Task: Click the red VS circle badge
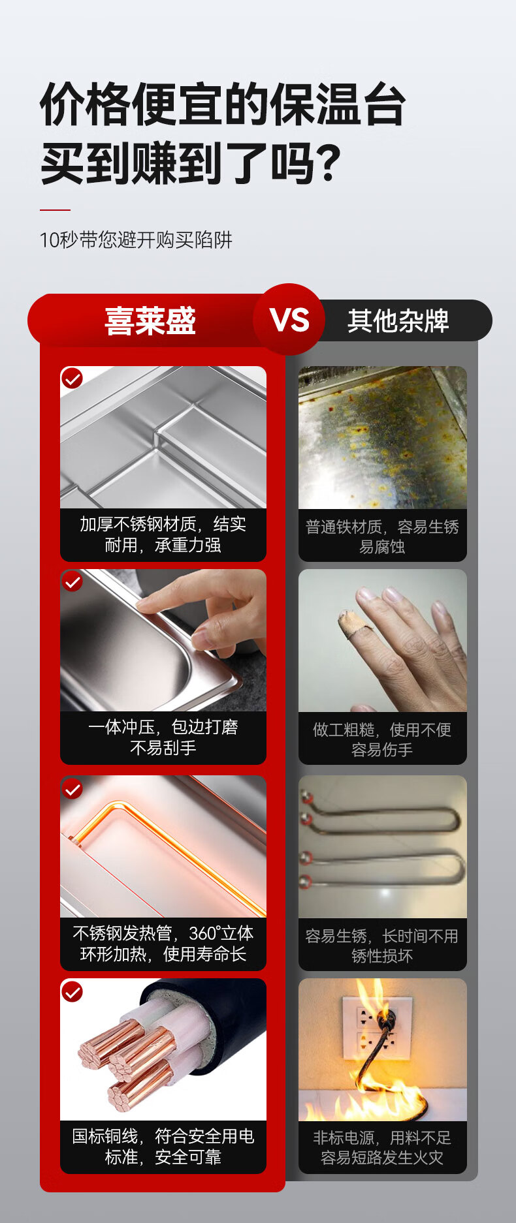click(x=289, y=319)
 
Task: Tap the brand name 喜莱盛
click(x=150, y=320)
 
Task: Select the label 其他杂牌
click(x=398, y=320)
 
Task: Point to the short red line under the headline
click(x=55, y=210)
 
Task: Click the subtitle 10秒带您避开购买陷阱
click(x=136, y=240)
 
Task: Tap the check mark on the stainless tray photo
click(x=72, y=378)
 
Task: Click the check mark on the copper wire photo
click(x=72, y=992)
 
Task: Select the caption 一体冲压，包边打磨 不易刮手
click(x=163, y=737)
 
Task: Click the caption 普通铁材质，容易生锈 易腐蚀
click(x=382, y=536)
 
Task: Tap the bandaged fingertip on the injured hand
click(x=351, y=626)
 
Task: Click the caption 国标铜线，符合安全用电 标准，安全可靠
click(x=163, y=1147)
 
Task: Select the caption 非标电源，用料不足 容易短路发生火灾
click(x=382, y=1148)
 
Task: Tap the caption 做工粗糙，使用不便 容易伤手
click(x=382, y=739)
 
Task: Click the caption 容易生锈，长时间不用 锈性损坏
click(x=382, y=946)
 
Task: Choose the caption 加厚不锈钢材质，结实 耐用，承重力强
click(x=163, y=534)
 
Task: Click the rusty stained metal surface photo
click(x=383, y=437)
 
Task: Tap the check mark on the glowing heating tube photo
click(x=72, y=789)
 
